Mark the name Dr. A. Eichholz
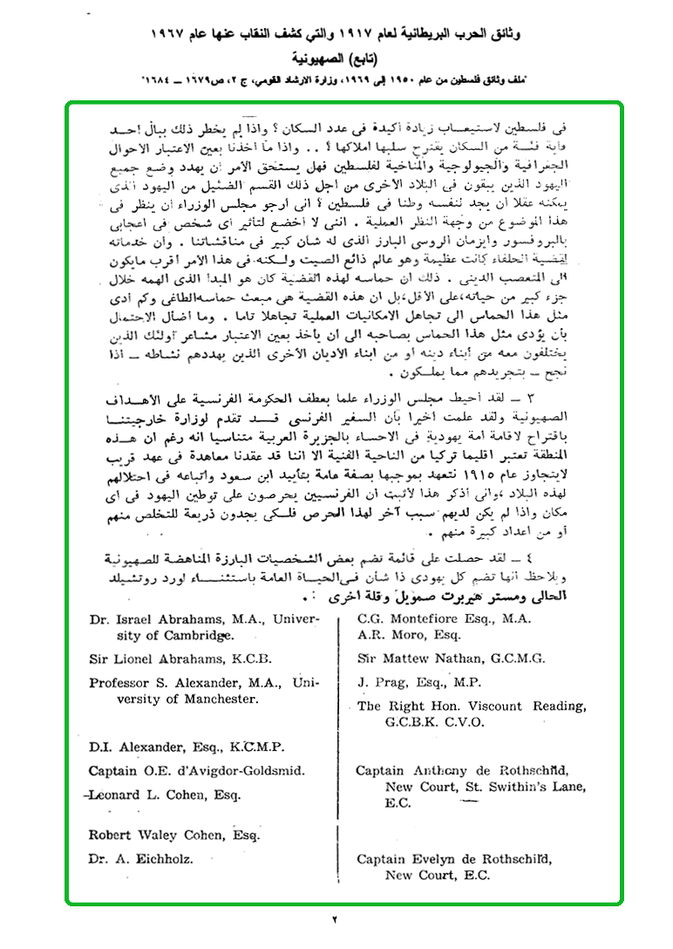click(139, 859)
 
